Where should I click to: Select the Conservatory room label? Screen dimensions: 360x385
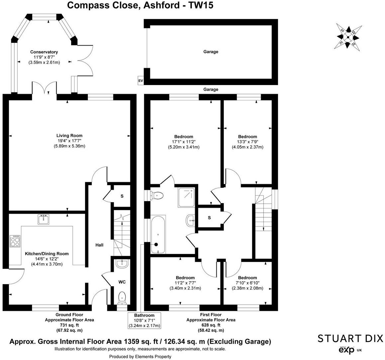(x=44, y=52)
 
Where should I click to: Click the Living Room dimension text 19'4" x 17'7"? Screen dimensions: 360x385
(x=69, y=141)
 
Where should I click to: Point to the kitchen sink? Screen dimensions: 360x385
(x=43, y=219)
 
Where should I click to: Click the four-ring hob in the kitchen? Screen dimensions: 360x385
(x=15, y=241)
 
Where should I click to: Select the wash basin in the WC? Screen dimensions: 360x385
(x=122, y=264)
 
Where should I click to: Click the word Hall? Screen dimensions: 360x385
(x=99, y=245)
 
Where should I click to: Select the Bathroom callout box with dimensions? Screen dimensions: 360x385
(x=144, y=320)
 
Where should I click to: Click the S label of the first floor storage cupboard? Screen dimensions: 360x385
(x=209, y=218)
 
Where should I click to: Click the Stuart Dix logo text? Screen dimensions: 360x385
(x=350, y=339)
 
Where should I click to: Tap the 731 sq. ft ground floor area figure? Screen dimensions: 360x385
(x=69, y=325)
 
